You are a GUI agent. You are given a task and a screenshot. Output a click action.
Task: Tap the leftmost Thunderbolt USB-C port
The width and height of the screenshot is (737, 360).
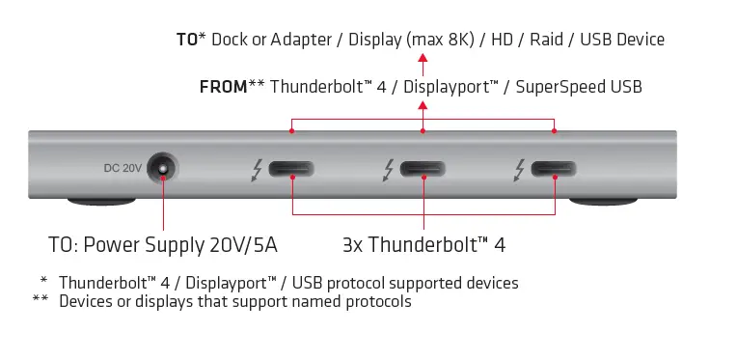[x=292, y=170]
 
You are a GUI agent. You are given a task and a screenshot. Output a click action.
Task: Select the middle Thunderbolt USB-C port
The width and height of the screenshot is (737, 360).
[x=423, y=170]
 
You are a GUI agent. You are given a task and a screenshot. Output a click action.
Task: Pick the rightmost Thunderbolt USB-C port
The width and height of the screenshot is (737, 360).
[x=554, y=170]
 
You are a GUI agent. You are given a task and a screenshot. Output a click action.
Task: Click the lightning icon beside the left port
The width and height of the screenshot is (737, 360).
[x=256, y=170]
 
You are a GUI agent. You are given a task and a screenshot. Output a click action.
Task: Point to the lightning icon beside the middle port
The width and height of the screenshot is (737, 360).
[x=387, y=170]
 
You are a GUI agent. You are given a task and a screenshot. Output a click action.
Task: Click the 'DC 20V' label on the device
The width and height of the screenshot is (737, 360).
[x=123, y=168]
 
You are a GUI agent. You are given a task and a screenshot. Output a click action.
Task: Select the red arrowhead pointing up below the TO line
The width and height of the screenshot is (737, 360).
[x=423, y=59]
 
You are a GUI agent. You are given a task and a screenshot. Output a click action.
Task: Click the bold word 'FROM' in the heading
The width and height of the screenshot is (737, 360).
[x=223, y=87]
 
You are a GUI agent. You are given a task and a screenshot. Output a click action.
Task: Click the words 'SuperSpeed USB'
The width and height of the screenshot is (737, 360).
[x=580, y=87]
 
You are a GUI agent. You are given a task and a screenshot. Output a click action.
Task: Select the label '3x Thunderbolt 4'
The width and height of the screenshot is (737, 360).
[x=423, y=244]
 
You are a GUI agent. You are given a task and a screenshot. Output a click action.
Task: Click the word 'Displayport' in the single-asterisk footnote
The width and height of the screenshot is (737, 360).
[x=231, y=284]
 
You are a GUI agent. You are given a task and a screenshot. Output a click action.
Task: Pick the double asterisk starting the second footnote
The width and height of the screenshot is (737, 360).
[x=41, y=300]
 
